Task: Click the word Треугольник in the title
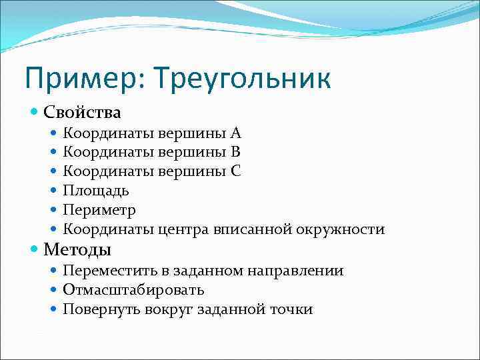(x=241, y=79)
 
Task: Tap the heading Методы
(x=77, y=250)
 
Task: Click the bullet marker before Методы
(x=35, y=250)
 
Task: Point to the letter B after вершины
(x=235, y=151)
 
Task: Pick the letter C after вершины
(x=236, y=171)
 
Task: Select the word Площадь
(x=96, y=191)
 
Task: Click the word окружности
(x=341, y=230)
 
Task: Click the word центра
(x=183, y=230)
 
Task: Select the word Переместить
(x=107, y=271)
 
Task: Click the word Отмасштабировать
(x=133, y=290)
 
